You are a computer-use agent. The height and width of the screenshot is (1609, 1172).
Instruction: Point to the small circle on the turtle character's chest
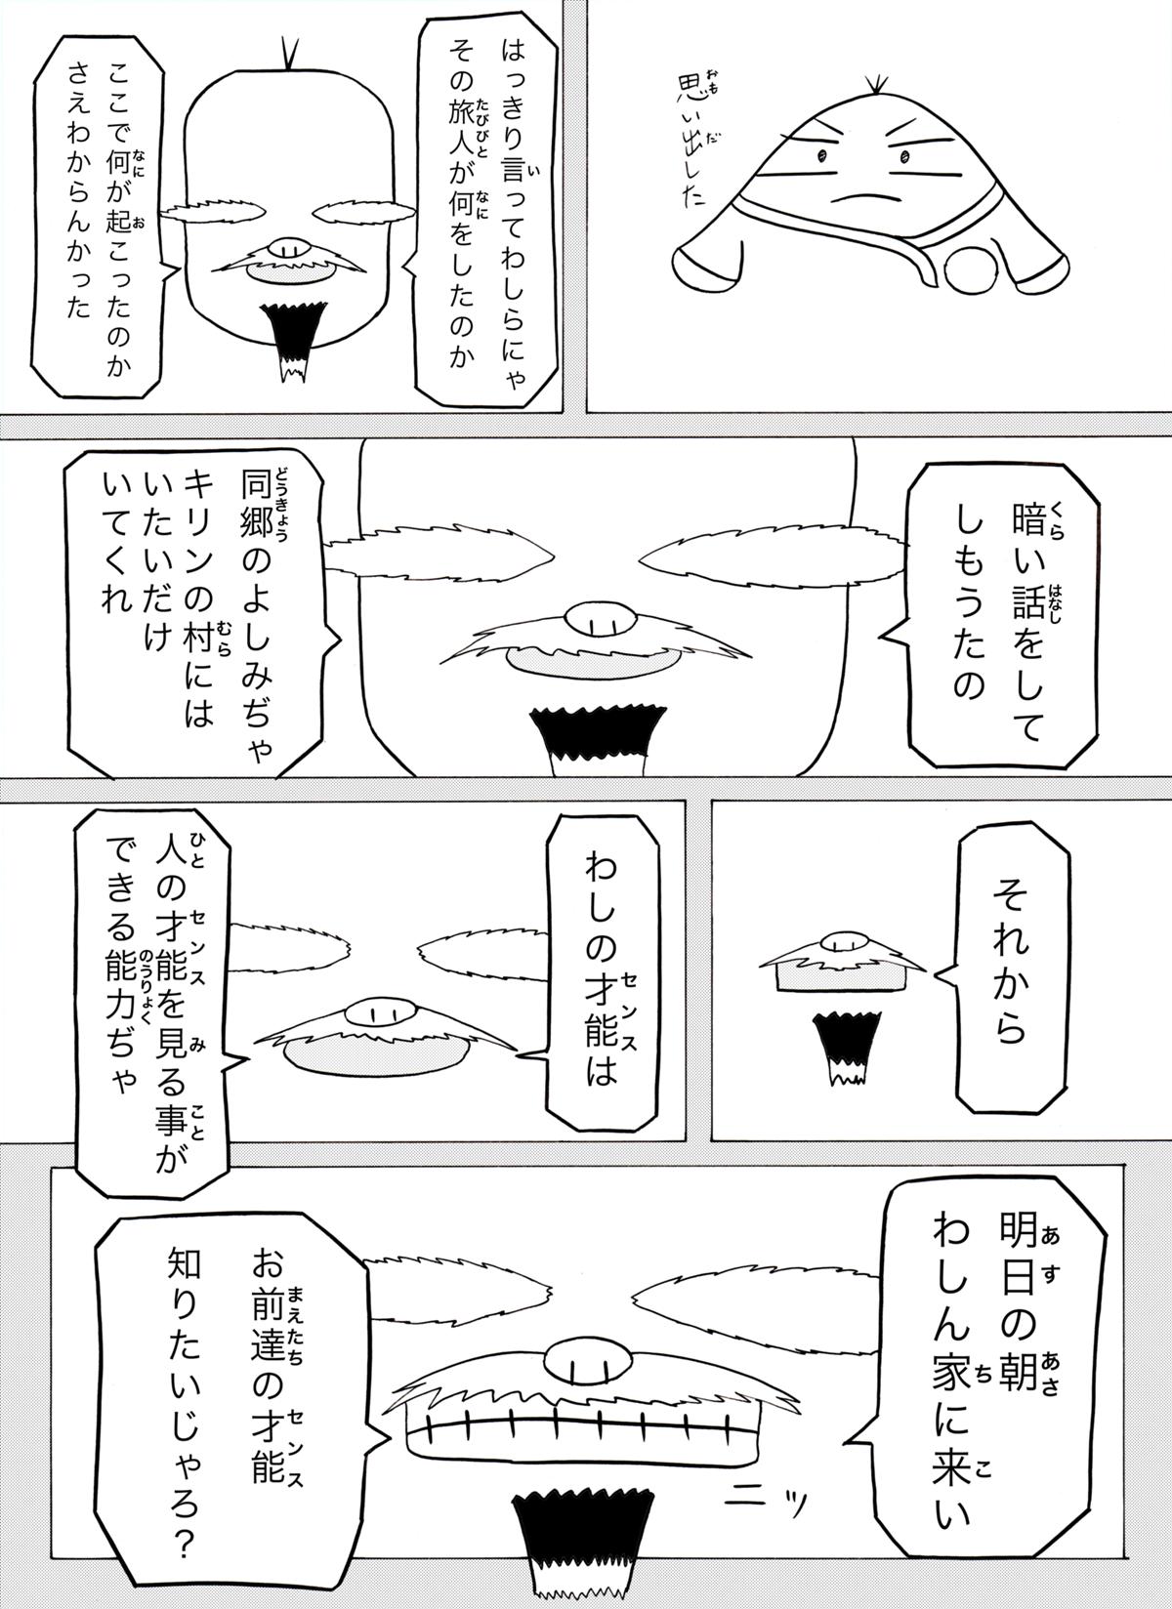pos(970,268)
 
